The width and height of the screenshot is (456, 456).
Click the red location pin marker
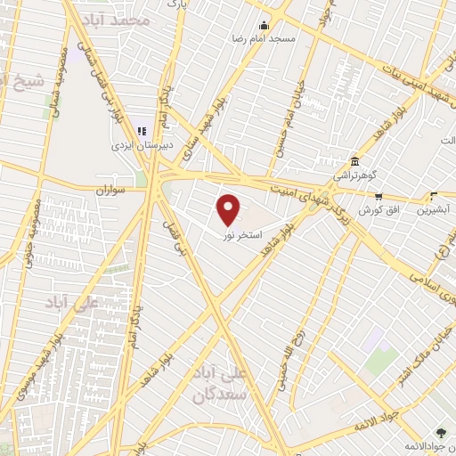[229, 209]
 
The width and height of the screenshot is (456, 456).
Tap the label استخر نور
[242, 233]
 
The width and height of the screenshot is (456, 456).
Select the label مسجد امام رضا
[264, 40]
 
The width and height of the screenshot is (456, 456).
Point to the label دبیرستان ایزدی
[140, 145]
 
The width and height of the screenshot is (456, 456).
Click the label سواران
[114, 191]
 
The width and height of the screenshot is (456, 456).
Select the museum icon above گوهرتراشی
[355, 161]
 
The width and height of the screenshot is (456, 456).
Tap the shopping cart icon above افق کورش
[379, 196]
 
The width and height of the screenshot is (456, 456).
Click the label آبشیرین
[434, 209]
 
